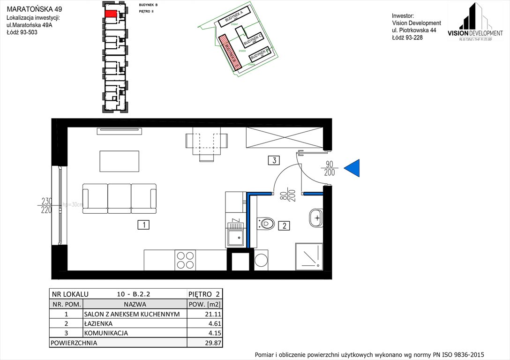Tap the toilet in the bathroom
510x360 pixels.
coord(266,224)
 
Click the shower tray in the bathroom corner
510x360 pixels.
coord(308,256)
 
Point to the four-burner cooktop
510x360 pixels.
coord(185,260)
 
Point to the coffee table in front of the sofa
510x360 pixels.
coord(119,161)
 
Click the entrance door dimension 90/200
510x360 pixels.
coord(330,168)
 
